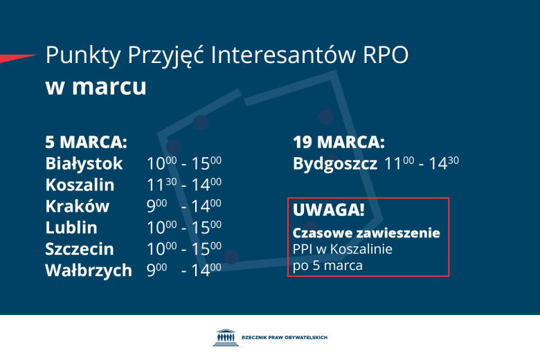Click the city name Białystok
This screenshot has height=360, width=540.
(x=84, y=164)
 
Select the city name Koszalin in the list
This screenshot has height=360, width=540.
(x=80, y=185)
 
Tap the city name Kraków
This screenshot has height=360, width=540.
(x=77, y=206)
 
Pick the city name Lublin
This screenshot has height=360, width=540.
(x=71, y=228)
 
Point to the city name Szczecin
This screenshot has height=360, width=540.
(x=80, y=249)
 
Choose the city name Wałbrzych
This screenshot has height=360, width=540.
(x=88, y=270)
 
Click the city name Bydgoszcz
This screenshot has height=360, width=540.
(x=335, y=164)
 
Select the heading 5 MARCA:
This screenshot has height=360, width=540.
(x=87, y=143)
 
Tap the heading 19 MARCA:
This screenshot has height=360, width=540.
(x=339, y=143)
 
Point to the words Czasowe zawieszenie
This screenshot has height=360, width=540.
(x=366, y=233)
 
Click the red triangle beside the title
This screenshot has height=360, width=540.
(x=17, y=57)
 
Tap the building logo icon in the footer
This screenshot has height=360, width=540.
(x=224, y=337)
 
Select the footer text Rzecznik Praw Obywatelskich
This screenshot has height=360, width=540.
(x=285, y=338)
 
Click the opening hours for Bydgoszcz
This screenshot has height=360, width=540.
(x=422, y=164)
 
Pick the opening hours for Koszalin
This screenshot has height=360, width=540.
(x=183, y=185)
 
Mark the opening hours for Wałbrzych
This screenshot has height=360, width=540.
(x=183, y=270)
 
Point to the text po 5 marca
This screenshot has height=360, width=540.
(x=327, y=265)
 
